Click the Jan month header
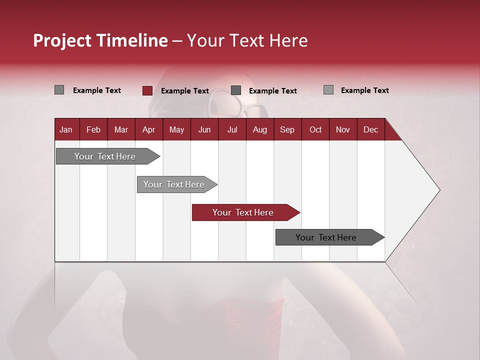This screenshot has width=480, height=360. click(66, 129)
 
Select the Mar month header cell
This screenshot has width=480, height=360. click(121, 129)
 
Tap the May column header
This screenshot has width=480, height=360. click(176, 129)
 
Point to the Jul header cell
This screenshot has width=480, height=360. click(232, 129)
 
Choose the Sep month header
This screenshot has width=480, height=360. click(287, 129)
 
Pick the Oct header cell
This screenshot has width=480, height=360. click(315, 129)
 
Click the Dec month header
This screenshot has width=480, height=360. click(370, 129)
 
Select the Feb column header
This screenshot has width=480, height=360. click(93, 129)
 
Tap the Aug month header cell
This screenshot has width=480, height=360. click(259, 129)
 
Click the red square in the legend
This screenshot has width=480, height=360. click(147, 90)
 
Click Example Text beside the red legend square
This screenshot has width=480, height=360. click(184, 90)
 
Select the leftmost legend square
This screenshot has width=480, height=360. click(59, 90)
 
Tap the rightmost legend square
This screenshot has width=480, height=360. click(328, 90)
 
